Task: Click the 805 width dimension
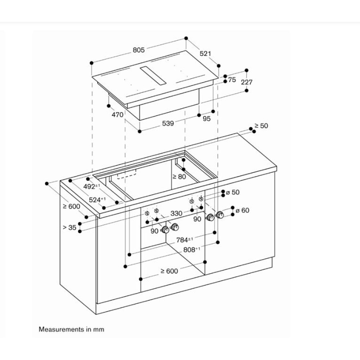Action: point(138,50)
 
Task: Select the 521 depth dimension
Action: point(205,54)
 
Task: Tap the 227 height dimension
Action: point(247,82)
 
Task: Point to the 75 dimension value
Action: point(232,80)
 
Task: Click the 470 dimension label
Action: point(117,115)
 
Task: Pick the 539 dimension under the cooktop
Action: point(168,123)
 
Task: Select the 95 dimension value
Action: point(206,119)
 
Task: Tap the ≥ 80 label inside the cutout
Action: point(179,176)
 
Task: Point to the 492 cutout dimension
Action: point(90,186)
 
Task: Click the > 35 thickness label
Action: point(69,228)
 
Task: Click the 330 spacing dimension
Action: point(176,213)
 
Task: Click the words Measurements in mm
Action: point(71,329)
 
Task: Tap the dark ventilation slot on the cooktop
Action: point(153,76)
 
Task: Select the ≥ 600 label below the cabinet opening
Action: point(169,271)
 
